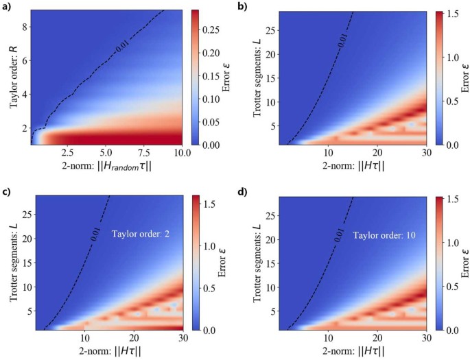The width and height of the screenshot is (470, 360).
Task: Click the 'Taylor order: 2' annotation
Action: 141,235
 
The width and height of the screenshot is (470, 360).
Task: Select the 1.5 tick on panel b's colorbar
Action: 447,12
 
